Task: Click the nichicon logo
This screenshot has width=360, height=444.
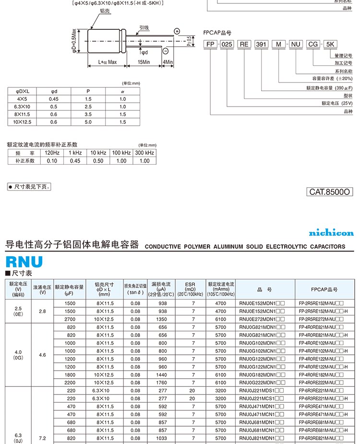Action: click(331, 233)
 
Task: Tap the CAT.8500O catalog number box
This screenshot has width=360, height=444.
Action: click(330, 192)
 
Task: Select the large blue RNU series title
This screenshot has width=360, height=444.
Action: click(24, 262)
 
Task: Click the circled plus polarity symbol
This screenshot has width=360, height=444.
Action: click(177, 31)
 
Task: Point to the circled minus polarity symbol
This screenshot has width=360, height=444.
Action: click(166, 51)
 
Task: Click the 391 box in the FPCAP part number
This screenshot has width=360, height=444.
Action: click(261, 44)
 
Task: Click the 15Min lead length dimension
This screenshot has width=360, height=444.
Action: click(144, 62)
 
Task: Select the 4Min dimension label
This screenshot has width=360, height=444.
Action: click(168, 62)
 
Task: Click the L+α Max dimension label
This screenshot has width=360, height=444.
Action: click(107, 62)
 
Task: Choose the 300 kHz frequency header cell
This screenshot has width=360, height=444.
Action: click(144, 153)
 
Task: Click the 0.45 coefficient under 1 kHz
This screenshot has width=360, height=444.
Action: click(75, 161)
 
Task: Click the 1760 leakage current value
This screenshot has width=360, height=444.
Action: click(162, 383)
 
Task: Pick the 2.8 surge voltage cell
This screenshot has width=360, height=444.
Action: click(42, 311)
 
